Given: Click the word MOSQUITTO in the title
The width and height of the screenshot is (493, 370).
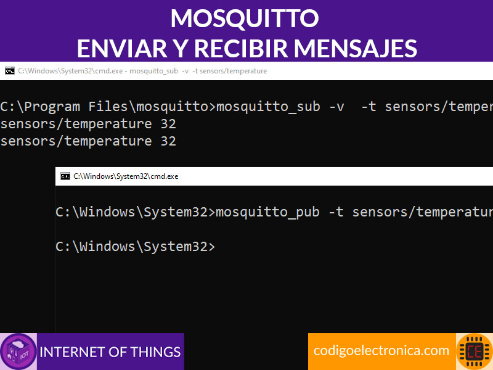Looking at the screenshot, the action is pyautogui.click(x=245, y=18).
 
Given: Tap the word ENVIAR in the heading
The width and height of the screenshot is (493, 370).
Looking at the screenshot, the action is pyautogui.click(x=122, y=49).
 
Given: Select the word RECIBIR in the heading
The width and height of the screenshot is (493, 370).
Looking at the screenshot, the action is pyautogui.click(x=241, y=49).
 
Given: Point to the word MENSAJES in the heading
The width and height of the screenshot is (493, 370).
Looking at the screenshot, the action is pyautogui.click(x=356, y=49).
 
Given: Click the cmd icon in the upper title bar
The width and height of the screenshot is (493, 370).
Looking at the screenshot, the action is pyautogui.click(x=10, y=71).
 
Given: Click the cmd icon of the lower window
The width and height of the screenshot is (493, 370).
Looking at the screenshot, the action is pyautogui.click(x=65, y=176).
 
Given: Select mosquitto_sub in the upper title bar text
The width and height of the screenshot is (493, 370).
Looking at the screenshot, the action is pyautogui.click(x=153, y=71).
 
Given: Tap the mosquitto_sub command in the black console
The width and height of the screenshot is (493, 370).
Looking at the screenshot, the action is pyautogui.click(x=269, y=107).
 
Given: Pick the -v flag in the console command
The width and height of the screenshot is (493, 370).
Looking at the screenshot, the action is pyautogui.click(x=336, y=107).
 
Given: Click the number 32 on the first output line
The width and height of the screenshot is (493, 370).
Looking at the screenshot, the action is pyautogui.click(x=168, y=124).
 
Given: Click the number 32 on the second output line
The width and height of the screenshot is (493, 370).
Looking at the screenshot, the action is pyautogui.click(x=168, y=141).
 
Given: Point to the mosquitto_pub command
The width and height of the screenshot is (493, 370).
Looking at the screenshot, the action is pyautogui.click(x=268, y=212).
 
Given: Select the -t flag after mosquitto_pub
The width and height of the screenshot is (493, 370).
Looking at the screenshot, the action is pyautogui.click(x=336, y=212).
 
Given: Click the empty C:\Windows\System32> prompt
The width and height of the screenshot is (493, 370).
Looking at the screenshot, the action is pyautogui.click(x=136, y=246).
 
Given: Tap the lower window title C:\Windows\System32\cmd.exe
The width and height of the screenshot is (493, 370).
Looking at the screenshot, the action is pyautogui.click(x=126, y=176).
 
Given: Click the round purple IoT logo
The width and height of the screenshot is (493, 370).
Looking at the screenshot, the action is pyautogui.click(x=18, y=351).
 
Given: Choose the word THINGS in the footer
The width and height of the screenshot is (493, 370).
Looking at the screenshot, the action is pyautogui.click(x=156, y=352).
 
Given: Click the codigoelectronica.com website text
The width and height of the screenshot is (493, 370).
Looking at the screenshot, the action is pyautogui.click(x=381, y=350).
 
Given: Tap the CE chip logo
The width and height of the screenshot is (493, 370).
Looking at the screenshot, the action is pyautogui.click(x=475, y=351).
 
